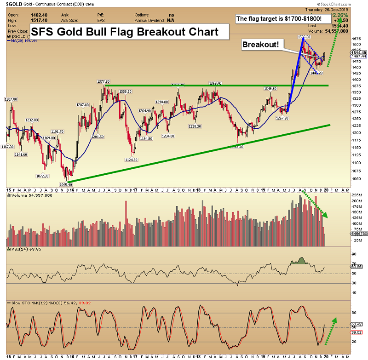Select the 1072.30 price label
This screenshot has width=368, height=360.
point(42,176)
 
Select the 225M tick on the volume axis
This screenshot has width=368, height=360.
point(356,195)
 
